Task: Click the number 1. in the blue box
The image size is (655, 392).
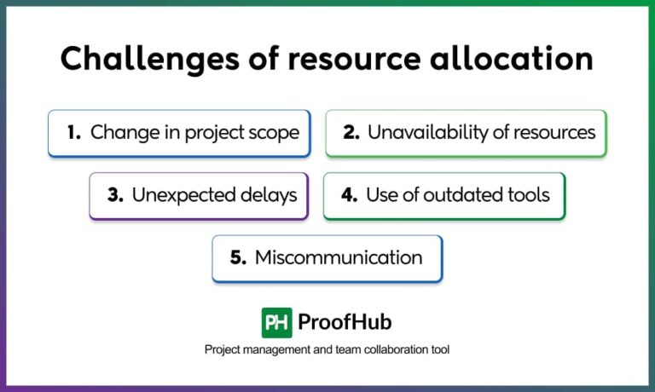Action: point(73,132)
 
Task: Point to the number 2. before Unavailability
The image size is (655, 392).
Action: point(351,132)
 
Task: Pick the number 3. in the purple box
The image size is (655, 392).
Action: point(116,194)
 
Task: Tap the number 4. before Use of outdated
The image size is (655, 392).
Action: point(349,194)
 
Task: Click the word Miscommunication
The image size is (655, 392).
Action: point(339,257)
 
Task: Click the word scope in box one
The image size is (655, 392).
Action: point(275,132)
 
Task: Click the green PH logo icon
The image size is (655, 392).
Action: point(277,322)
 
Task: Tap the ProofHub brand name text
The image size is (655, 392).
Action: point(345,322)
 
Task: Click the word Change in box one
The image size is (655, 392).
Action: point(117,132)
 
